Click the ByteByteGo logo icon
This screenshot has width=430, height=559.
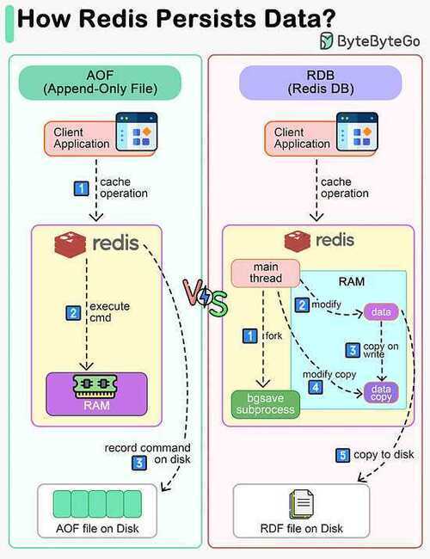pyautogui.click(x=326, y=40)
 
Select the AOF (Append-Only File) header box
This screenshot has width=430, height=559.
pyautogui.click(x=100, y=83)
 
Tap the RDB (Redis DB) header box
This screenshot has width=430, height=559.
pyautogui.click(x=320, y=83)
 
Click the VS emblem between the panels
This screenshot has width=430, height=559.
pyautogui.click(x=205, y=298)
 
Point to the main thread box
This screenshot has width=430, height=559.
pyautogui.click(x=266, y=273)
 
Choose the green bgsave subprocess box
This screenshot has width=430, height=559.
pyautogui.click(x=266, y=404)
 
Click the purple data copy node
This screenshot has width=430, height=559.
pyautogui.click(x=381, y=392)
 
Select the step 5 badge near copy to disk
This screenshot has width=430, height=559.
pyautogui.click(x=342, y=455)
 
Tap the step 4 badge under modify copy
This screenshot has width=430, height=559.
pyautogui.click(x=316, y=387)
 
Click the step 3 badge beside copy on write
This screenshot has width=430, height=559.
pyautogui.click(x=353, y=350)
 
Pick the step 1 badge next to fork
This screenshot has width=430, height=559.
pyautogui.click(x=250, y=335)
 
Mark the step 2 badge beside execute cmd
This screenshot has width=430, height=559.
pyautogui.click(x=73, y=313)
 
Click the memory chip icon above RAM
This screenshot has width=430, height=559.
pyautogui.click(x=95, y=386)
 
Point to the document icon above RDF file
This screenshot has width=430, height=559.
pyautogui.click(x=302, y=504)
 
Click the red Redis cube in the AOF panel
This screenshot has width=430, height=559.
pyautogui.click(x=71, y=244)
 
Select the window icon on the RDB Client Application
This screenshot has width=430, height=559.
pyautogui.click(x=357, y=132)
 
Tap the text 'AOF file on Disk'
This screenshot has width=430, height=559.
pyautogui.click(x=97, y=528)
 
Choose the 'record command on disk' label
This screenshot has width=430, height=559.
pyautogui.click(x=148, y=453)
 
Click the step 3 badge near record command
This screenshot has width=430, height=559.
pyautogui.click(x=139, y=463)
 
